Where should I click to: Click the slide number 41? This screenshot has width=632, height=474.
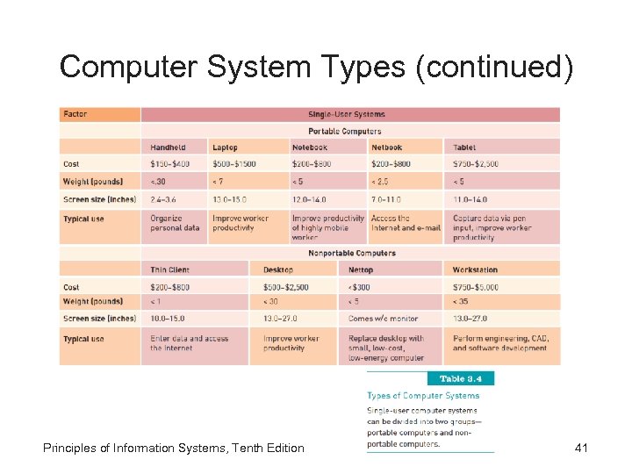[580, 449]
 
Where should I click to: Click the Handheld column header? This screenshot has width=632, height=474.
[168, 147]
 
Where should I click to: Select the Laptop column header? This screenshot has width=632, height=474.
[225, 147]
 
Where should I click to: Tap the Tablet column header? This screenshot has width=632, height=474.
[464, 147]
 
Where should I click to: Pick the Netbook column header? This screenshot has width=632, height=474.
[386, 147]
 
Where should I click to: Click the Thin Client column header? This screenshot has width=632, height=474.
[169, 269]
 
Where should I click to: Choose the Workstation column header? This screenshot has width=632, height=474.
[475, 269]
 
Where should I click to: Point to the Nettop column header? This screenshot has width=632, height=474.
[361, 269]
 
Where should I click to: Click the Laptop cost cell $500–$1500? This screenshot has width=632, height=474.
[233, 164]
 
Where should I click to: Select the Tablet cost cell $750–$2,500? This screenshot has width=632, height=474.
[475, 164]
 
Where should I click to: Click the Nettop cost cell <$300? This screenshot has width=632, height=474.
[359, 287]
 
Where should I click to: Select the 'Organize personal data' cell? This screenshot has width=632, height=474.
[175, 223]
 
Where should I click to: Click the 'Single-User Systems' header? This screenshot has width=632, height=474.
[346, 114]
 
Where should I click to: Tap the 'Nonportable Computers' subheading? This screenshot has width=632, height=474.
[351, 253]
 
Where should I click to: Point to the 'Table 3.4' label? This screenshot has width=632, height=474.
[460, 379]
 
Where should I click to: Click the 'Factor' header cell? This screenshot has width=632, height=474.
[75, 114]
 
